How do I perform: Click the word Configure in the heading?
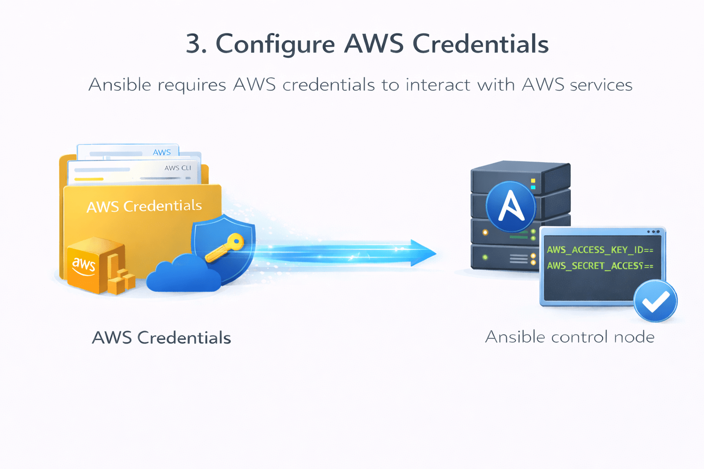(x=275, y=44)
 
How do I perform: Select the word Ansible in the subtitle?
(x=120, y=85)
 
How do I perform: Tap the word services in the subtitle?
(x=601, y=85)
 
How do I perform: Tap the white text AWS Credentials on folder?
(x=144, y=206)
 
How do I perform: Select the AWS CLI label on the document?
(x=178, y=168)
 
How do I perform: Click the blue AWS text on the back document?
(x=162, y=152)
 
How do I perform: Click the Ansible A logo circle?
(x=511, y=207)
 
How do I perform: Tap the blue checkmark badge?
(x=655, y=301)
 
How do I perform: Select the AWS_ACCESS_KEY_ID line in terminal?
(x=599, y=250)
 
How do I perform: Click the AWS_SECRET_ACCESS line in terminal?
(x=599, y=266)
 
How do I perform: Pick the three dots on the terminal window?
(x=653, y=232)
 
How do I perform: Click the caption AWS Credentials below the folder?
(x=161, y=338)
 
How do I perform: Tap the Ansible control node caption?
(x=570, y=337)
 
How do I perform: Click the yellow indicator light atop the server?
(x=533, y=181)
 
